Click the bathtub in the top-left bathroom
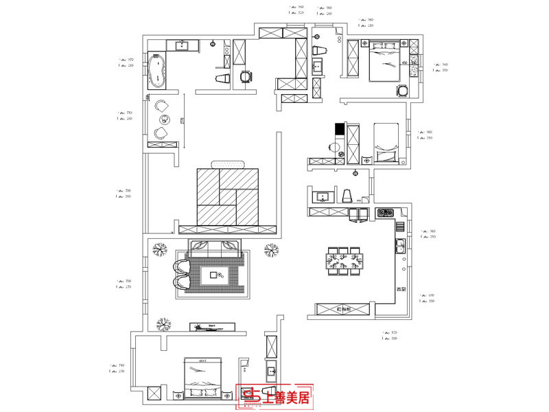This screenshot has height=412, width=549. pyautogui.click(x=157, y=71)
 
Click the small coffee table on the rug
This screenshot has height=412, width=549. pyautogui.click(x=218, y=276)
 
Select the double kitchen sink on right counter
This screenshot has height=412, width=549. pyautogui.click(x=400, y=246)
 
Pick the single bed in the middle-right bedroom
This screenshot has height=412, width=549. pyautogui.click(x=386, y=142)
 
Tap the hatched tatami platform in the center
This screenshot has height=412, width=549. pyautogui.click(x=228, y=197)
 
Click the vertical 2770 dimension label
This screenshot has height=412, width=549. pyautogui.click(x=182, y=122)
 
